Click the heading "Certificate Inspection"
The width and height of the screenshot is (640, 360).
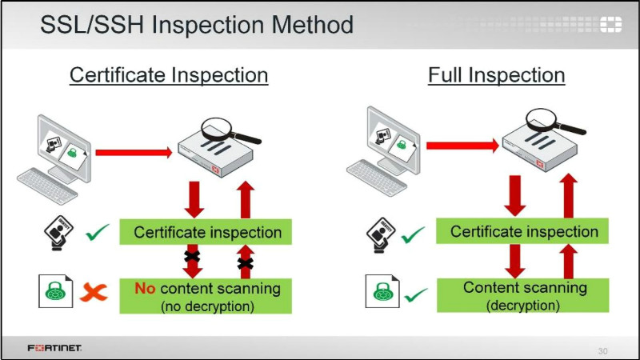169,75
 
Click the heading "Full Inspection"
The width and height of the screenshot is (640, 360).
496,75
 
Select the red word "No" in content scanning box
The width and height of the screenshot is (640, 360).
145,288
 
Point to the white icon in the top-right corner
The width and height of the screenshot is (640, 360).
610,24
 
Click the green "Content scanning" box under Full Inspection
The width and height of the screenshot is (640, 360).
523,295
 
